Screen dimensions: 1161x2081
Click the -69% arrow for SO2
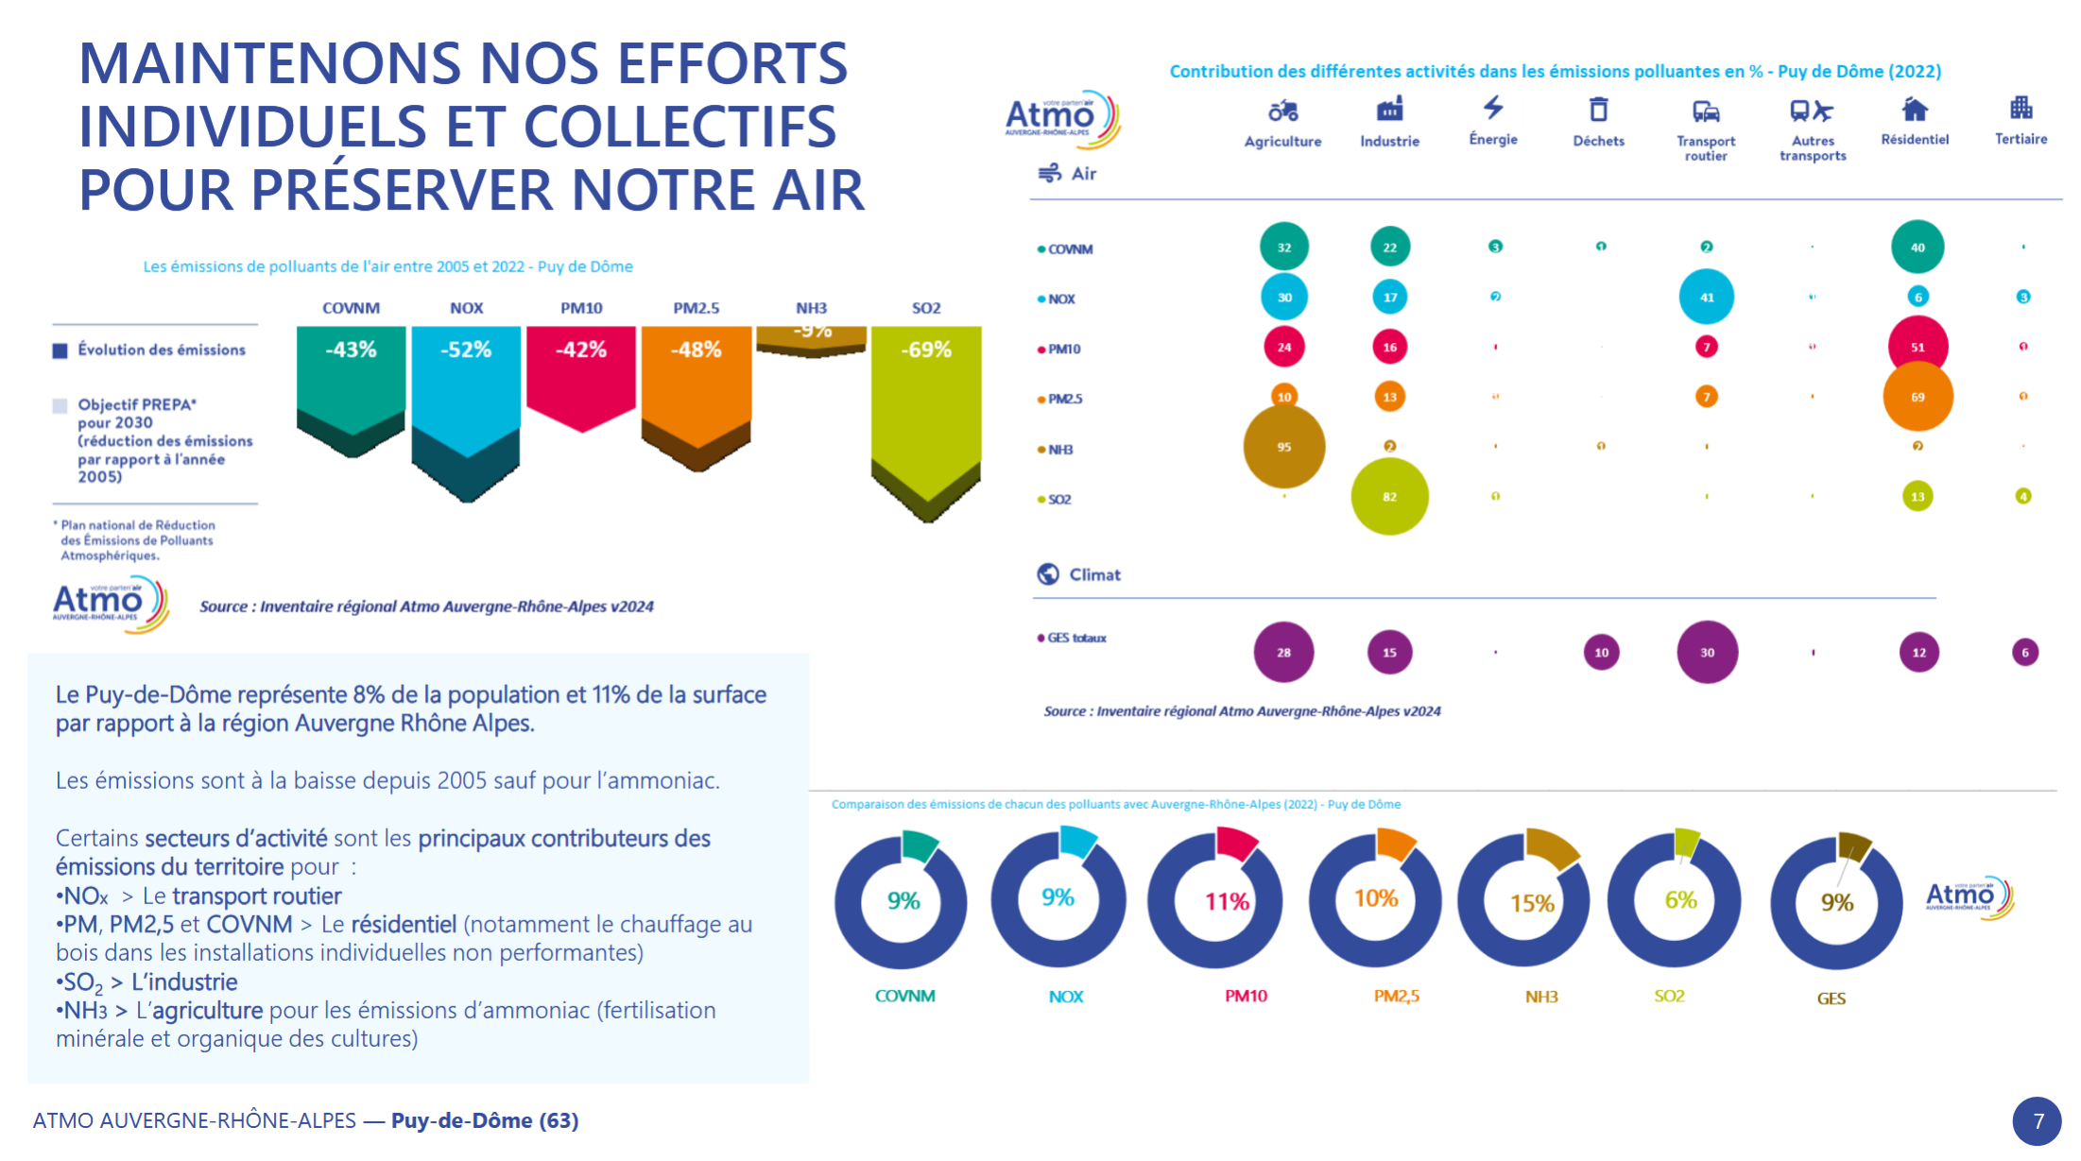(926, 406)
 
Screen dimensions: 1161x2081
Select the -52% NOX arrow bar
(466, 387)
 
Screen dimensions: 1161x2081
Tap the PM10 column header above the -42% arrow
(581, 308)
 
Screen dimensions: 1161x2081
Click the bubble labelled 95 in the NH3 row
(1283, 447)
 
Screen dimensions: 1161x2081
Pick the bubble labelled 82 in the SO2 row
(1389, 497)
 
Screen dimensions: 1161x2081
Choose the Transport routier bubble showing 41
(1707, 297)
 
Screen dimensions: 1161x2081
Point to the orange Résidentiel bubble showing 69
(1918, 397)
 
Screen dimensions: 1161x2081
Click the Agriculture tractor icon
(1282, 111)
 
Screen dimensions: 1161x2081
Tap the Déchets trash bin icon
(1598, 110)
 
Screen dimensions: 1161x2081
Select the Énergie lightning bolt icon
(1493, 108)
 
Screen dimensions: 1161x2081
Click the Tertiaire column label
(2021, 139)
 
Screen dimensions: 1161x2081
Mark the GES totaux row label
(1076, 638)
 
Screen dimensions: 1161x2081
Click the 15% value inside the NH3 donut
(1532, 903)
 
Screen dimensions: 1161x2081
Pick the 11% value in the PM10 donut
(1227, 902)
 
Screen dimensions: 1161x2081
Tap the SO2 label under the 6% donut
(1669, 996)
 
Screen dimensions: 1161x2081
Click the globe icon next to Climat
(1048, 574)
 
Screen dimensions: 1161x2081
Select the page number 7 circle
(2038, 1121)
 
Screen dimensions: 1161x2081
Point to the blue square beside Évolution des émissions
(60, 350)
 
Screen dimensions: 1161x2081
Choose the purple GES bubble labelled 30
(1707, 652)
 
